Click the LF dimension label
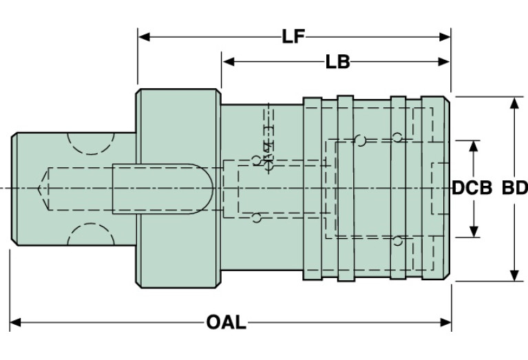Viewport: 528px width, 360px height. [293, 36]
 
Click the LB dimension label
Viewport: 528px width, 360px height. [338, 62]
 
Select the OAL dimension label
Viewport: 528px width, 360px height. [226, 322]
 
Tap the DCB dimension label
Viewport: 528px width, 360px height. [472, 188]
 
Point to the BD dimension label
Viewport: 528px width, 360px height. [514, 188]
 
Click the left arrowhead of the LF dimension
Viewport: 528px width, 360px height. [144, 36]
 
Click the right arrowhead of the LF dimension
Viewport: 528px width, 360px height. [445, 36]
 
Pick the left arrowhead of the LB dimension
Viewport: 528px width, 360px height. [229, 62]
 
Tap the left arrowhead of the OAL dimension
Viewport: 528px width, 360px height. [16, 322]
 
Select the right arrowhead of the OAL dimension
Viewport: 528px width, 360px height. [445, 322]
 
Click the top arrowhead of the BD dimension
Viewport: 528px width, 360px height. [514, 103]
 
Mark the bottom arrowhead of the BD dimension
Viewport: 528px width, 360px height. [514, 275]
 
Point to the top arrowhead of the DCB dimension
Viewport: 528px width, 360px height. [474, 147]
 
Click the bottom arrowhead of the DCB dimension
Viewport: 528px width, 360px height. [474, 231]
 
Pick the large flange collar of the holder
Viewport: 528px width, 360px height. [178, 189]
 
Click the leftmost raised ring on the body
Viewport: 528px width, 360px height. [313, 189]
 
